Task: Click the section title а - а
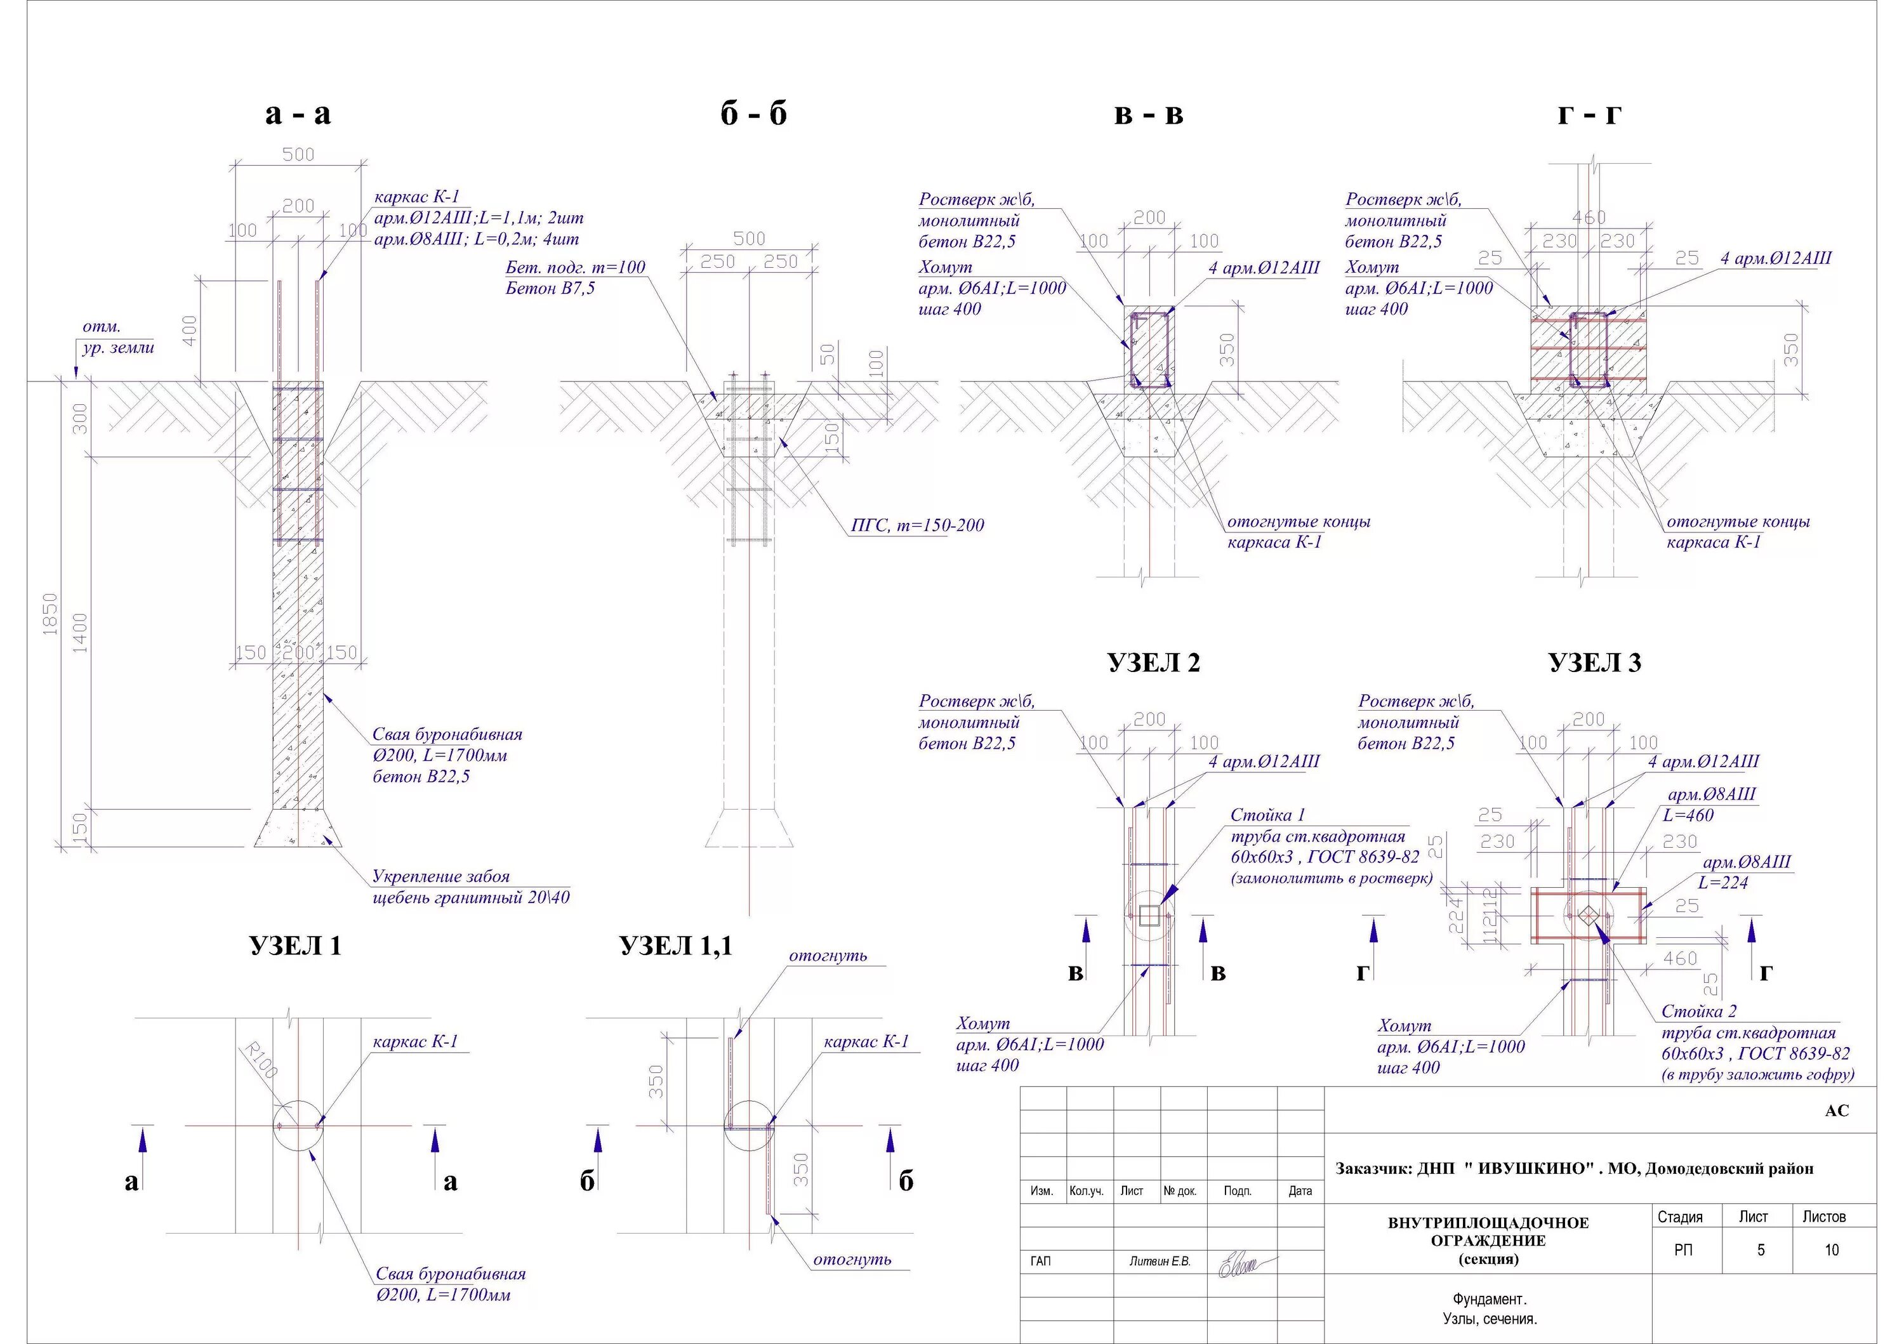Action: pyautogui.click(x=298, y=114)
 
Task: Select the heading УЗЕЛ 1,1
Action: pyautogui.click(x=676, y=945)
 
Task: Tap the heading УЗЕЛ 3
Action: pyautogui.click(x=1594, y=662)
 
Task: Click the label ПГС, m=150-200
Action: pyautogui.click(x=917, y=525)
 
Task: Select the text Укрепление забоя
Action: pyautogui.click(x=440, y=876)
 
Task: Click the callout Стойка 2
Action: pyautogui.click(x=1698, y=1011)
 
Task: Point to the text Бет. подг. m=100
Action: pyautogui.click(x=574, y=267)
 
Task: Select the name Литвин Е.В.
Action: pyautogui.click(x=1160, y=1261)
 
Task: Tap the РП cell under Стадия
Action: pyautogui.click(x=1683, y=1249)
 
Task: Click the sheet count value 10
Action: pyautogui.click(x=1832, y=1249)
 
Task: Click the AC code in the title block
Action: pyautogui.click(x=1837, y=1110)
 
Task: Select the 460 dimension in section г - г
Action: pyautogui.click(x=1588, y=217)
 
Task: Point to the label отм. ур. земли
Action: pyautogui.click(x=118, y=336)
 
